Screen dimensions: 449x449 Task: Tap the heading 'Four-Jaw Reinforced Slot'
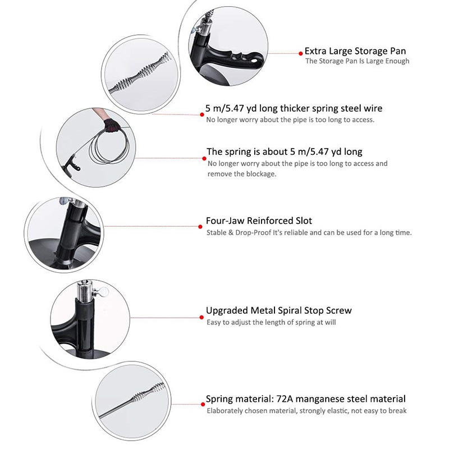[259, 221]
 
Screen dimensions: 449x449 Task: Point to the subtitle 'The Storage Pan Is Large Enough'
[357, 61]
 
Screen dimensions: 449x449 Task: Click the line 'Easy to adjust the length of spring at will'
[271, 322]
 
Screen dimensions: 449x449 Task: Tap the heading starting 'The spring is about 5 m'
[284, 152]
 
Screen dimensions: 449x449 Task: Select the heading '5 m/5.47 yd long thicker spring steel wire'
[295, 108]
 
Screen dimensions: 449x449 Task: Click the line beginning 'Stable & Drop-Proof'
[309, 232]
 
